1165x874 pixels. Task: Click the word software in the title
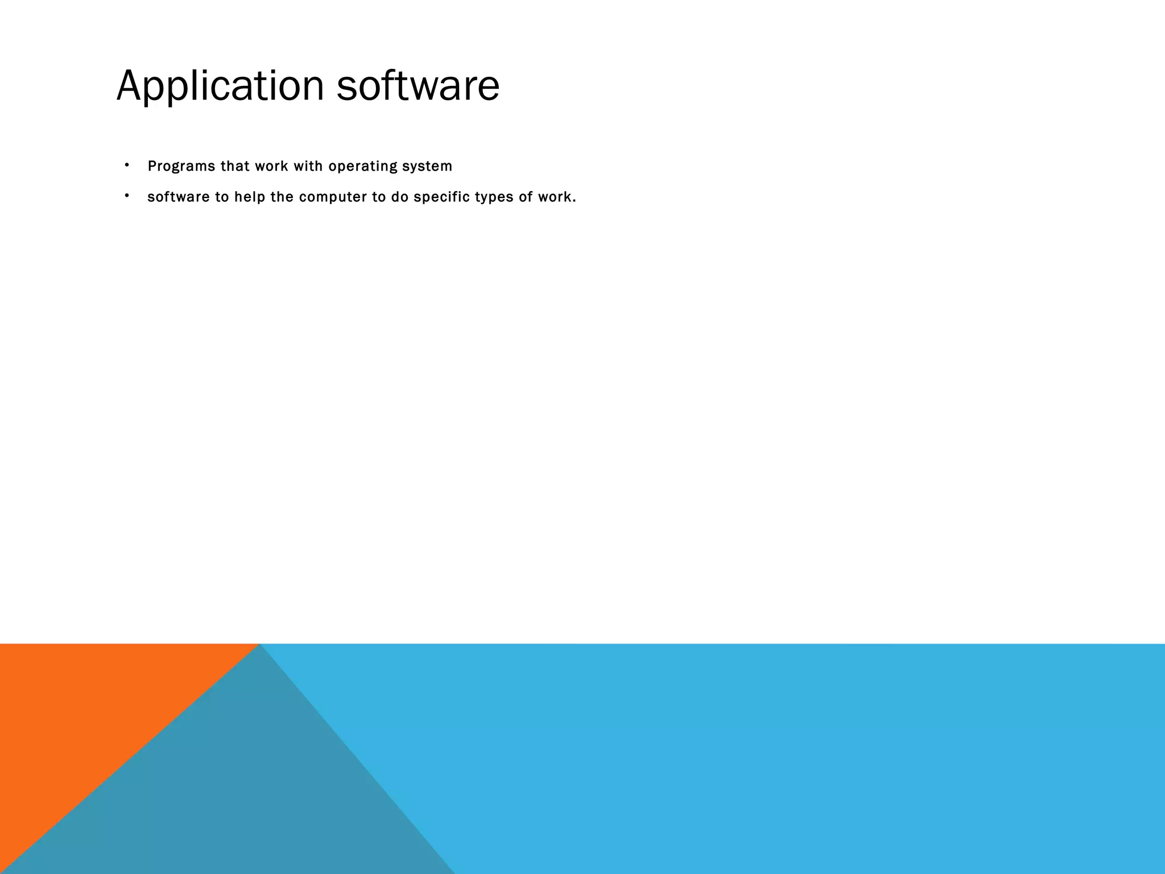[x=418, y=86]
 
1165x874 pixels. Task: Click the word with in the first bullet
[x=308, y=166]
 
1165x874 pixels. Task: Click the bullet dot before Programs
[x=127, y=166]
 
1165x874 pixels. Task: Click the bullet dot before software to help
[x=127, y=196]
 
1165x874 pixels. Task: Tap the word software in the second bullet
[x=179, y=197]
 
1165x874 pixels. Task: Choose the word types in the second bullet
[x=494, y=197]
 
